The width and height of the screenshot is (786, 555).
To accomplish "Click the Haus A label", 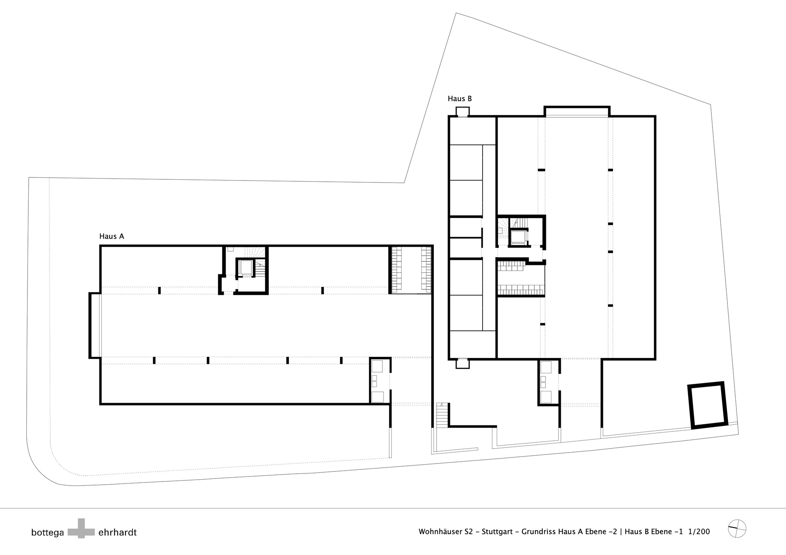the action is (x=112, y=236).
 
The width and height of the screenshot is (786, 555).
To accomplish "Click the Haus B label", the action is (x=460, y=99).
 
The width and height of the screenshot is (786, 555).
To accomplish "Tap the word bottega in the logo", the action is (x=48, y=533).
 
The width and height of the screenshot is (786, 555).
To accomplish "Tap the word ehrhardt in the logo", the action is (x=118, y=533).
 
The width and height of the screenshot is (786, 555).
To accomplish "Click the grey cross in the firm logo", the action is (x=81, y=528).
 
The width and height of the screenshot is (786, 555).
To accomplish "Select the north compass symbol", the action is (x=737, y=528).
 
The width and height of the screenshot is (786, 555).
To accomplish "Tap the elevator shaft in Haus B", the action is (x=518, y=237).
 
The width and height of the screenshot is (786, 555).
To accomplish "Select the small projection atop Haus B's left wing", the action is (x=462, y=111).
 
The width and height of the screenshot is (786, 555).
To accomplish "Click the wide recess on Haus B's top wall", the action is (x=577, y=111).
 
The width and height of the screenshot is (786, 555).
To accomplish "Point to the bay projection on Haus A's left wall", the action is (x=95, y=325).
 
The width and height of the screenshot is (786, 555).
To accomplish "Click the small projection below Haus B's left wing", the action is (x=463, y=364).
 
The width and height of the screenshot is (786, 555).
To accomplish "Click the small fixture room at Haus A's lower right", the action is (x=380, y=381).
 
